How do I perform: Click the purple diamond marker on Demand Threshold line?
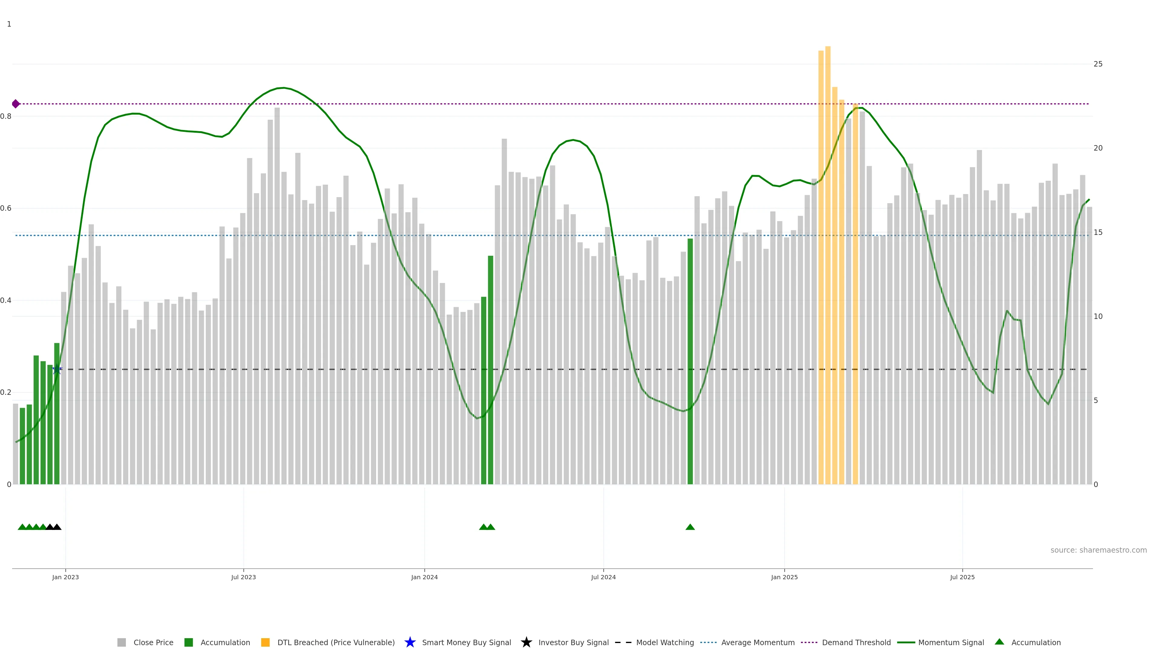click(x=16, y=104)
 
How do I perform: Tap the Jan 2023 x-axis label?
click(x=65, y=577)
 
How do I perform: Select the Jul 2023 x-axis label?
click(x=244, y=577)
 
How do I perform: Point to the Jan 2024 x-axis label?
click(x=425, y=577)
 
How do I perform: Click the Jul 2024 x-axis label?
click(x=604, y=577)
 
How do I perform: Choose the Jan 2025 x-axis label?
click(x=784, y=577)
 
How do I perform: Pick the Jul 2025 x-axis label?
click(x=963, y=577)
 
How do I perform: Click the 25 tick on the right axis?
click(x=1098, y=64)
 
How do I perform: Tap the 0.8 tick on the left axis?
click(x=6, y=116)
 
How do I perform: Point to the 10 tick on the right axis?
click(x=1098, y=316)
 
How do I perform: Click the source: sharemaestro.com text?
click(x=1098, y=550)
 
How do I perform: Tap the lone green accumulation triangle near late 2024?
click(x=690, y=527)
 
